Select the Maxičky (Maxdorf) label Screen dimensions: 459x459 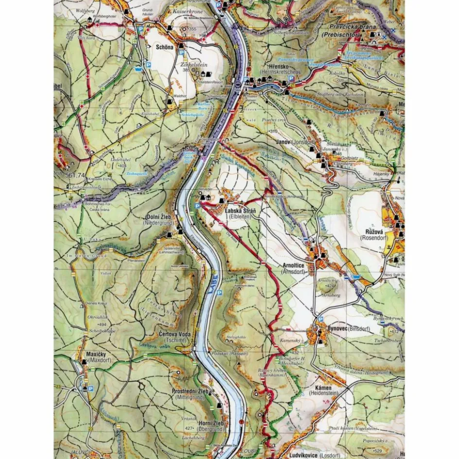point(96,354)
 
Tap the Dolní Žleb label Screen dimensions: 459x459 point(157,218)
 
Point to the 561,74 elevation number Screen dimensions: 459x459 point(68,176)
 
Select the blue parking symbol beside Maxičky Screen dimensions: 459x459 point(90,388)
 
